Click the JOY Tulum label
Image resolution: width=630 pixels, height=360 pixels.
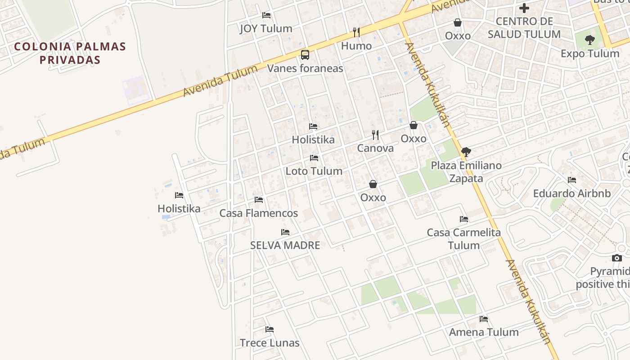tap(266, 28)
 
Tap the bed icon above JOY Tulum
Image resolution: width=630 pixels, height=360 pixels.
tap(266, 15)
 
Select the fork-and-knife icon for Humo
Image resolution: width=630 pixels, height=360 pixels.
tap(356, 32)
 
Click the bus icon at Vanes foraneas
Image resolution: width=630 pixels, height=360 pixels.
tap(305, 55)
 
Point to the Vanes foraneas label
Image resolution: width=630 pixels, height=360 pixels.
tap(305, 68)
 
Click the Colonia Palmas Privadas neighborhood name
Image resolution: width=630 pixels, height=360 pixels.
tap(70, 53)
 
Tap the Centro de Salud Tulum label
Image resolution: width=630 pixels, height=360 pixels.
tap(524, 27)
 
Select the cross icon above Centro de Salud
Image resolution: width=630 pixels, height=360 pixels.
tap(524, 8)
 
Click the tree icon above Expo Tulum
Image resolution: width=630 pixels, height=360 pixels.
tap(589, 40)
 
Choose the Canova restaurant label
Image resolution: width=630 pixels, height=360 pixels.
tap(375, 148)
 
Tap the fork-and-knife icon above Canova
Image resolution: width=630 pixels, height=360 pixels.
tap(375, 135)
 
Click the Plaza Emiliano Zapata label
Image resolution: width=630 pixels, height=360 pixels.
tap(466, 172)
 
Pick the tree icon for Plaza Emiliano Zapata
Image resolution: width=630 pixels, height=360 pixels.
tap(466, 152)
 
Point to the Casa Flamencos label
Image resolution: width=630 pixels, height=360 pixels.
tap(259, 213)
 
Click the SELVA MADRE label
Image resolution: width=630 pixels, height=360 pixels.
tap(285, 245)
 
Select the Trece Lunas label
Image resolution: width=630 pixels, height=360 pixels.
tap(270, 343)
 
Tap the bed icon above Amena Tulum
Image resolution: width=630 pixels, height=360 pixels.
tap(484, 319)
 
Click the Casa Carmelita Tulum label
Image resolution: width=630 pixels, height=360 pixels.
tap(464, 239)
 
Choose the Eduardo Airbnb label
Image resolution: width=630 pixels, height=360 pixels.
tap(572, 193)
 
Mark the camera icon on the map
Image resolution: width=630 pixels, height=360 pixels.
tap(617, 258)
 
